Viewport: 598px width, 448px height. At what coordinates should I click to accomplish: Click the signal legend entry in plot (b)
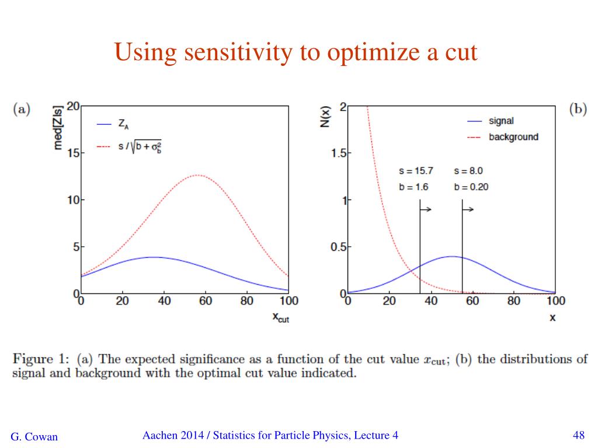coord(501,121)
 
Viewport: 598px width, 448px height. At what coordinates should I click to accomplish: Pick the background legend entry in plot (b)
coord(513,137)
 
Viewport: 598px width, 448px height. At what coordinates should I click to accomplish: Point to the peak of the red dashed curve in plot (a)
coord(198,175)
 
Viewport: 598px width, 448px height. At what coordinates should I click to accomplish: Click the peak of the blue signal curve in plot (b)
coord(451,256)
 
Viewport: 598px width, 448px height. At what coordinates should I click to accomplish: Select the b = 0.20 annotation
coord(471,187)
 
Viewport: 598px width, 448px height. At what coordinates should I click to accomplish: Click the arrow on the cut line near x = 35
coord(426,209)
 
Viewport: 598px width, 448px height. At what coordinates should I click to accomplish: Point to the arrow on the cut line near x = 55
coord(468,209)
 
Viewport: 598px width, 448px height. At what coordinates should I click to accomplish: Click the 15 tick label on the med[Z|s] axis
coord(75,153)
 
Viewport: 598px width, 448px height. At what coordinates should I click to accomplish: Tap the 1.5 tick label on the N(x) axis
coord(337,153)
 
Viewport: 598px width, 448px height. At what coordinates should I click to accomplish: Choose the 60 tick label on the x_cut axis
coord(205,301)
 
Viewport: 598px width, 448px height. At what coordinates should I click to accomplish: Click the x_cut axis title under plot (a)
coord(280,318)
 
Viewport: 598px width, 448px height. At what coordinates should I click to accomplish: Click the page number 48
coord(579,435)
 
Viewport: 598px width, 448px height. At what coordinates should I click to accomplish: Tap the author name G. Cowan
coord(34,436)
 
